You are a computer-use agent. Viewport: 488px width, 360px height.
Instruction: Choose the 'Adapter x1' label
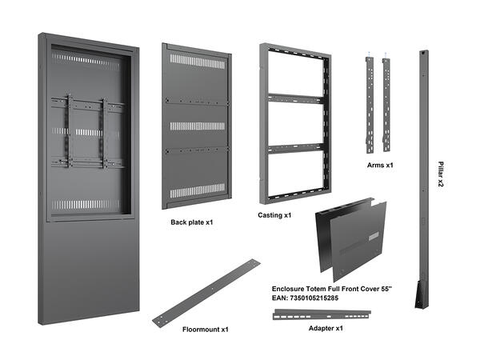(326, 328)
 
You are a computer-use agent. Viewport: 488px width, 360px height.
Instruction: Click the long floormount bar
(206, 291)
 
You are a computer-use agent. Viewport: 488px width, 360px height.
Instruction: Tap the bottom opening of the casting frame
(294, 174)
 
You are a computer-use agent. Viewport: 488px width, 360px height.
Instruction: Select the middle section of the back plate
(196, 125)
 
